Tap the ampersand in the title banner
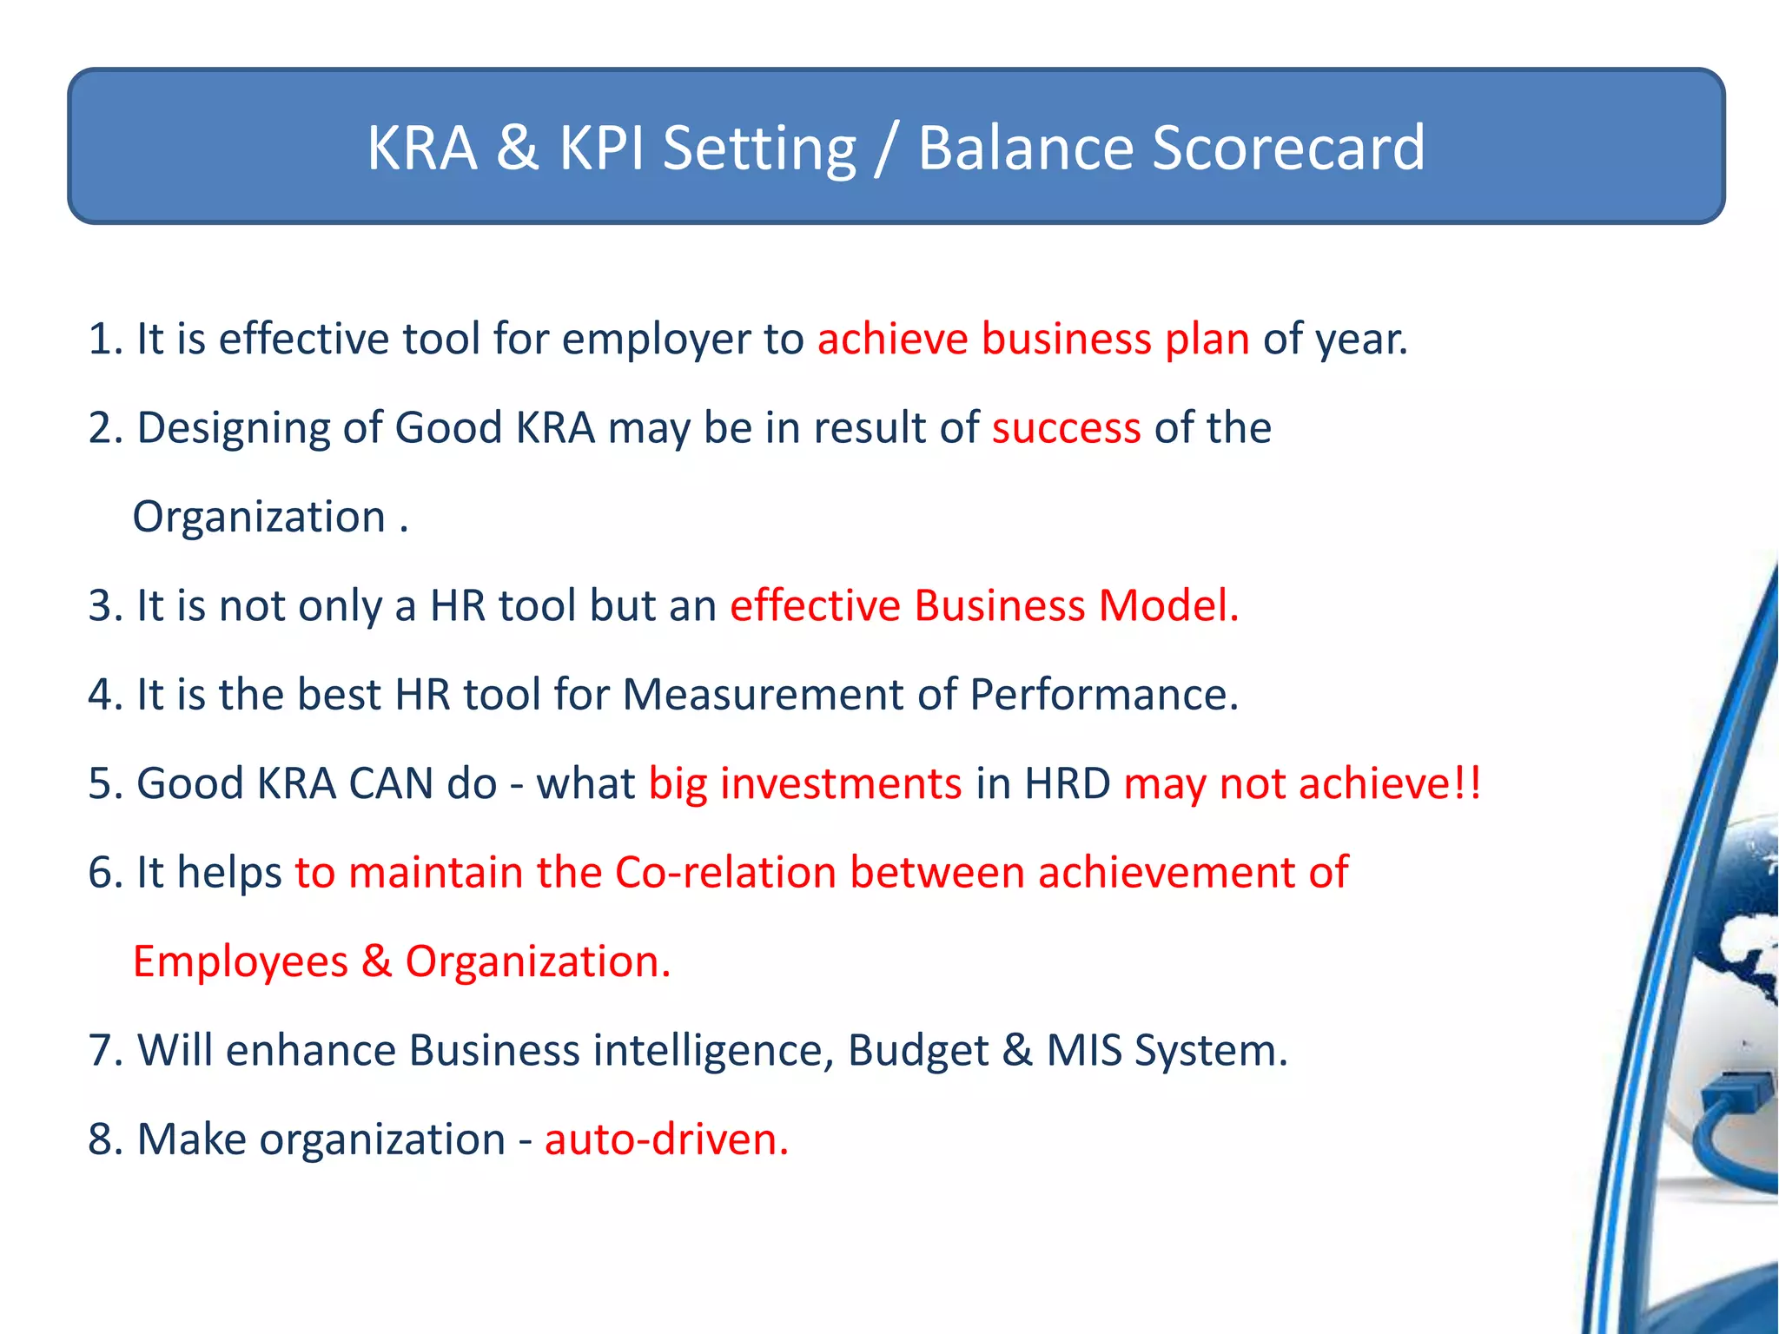[518, 148]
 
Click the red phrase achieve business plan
[1033, 339]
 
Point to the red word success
[1066, 428]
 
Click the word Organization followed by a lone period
[259, 518]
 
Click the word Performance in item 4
[1103, 695]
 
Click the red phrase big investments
[805, 783]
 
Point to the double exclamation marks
[1467, 783]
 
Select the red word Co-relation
[725, 873]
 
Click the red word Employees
[241, 962]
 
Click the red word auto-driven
[665, 1139]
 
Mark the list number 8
[103, 1139]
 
